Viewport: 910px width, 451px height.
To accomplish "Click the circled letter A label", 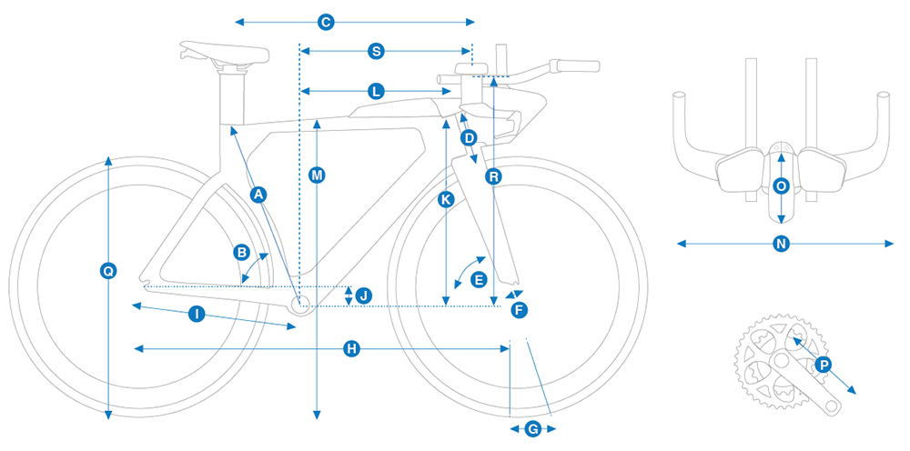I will [x=258, y=194].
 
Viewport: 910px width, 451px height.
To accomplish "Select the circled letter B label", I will [x=242, y=252].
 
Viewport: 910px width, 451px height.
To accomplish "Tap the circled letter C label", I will [x=325, y=21].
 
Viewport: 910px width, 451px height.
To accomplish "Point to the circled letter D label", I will [x=469, y=138].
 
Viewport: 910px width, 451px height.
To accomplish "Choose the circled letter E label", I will [x=480, y=280].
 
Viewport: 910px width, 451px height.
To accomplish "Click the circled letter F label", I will [x=519, y=310].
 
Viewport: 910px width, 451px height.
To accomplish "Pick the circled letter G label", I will [x=533, y=428].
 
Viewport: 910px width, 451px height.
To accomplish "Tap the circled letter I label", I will [x=197, y=314].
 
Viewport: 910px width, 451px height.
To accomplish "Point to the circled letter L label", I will [x=377, y=91].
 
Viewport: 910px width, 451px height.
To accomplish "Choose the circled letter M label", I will [x=317, y=175].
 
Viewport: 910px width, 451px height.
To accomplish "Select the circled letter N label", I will [x=780, y=244].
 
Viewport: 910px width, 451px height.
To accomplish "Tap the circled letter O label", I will [x=781, y=185].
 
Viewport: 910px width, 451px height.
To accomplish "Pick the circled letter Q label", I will [x=108, y=270].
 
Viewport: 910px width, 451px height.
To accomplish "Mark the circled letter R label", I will [x=492, y=176].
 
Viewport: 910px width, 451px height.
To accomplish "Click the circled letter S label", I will [x=376, y=51].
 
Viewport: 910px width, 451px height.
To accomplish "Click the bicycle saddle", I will [x=224, y=51].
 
